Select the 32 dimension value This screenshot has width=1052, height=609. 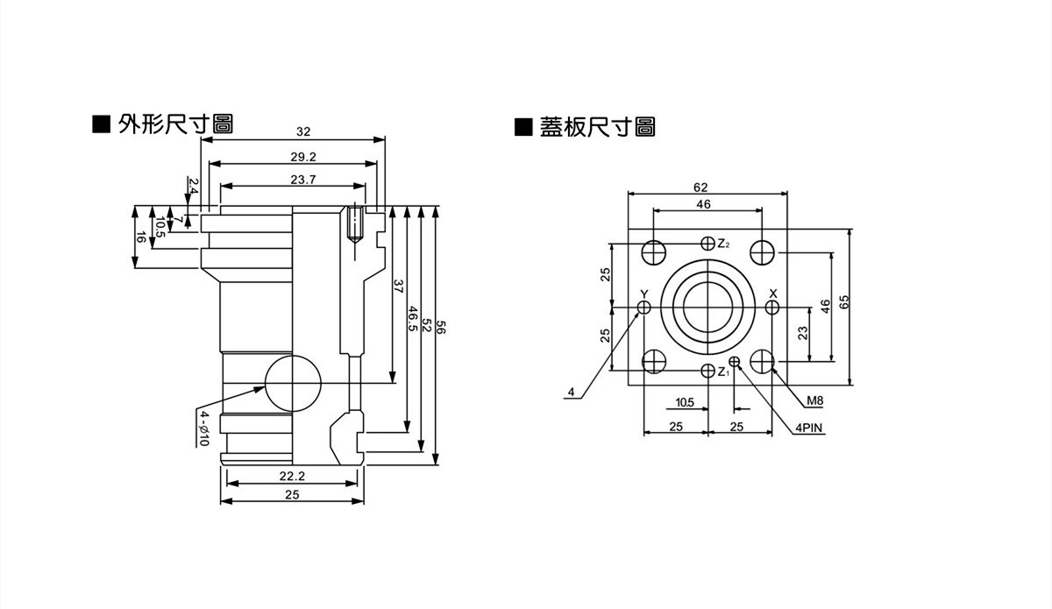click(303, 131)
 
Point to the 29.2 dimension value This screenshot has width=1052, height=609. click(303, 157)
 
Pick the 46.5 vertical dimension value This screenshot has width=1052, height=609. click(412, 318)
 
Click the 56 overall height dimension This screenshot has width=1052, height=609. click(442, 329)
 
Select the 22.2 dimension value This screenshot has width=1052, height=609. click(292, 476)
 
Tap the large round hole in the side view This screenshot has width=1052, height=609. click(292, 384)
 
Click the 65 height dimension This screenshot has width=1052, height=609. click(844, 303)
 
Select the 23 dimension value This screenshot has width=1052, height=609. click(802, 333)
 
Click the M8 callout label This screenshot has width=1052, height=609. click(815, 401)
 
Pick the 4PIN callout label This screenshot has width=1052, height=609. click(810, 428)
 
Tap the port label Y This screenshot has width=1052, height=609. click(644, 294)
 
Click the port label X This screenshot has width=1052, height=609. click(772, 293)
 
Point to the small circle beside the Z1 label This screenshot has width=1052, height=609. click(735, 362)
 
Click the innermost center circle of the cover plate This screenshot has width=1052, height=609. click(708, 308)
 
